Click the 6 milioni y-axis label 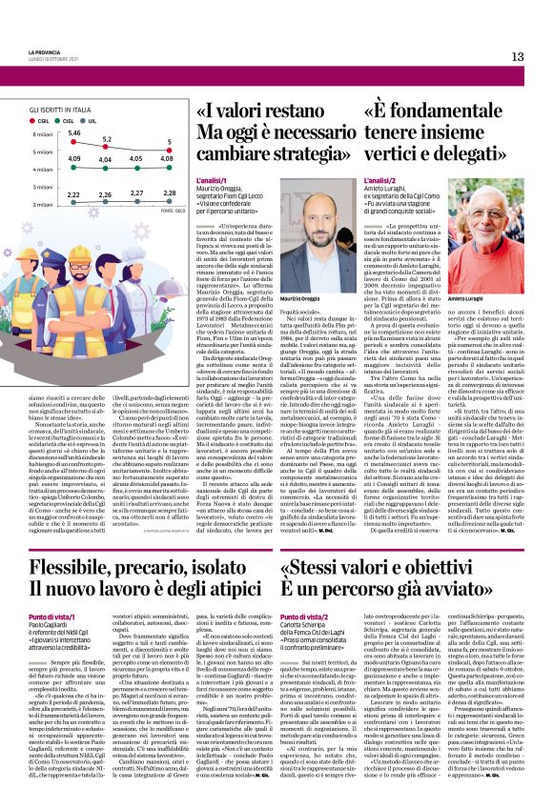pos(40,134)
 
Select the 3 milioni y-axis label pos(40,187)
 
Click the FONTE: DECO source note pos(174,212)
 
